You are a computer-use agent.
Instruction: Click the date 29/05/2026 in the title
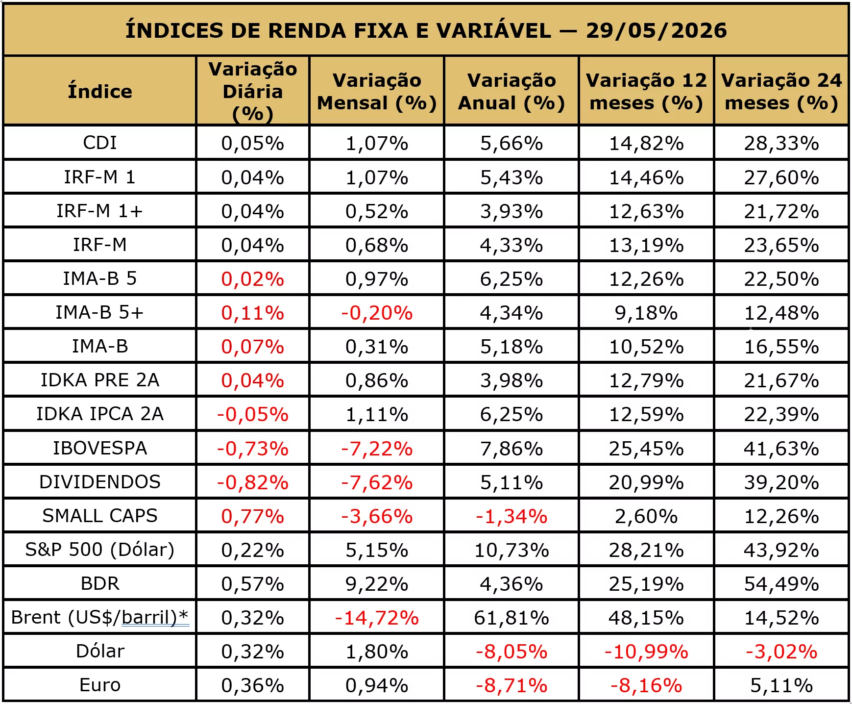pos(656,30)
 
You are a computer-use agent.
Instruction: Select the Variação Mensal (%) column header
pos(377,92)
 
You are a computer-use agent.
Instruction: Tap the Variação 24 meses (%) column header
pos(781,92)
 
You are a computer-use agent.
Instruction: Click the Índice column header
pos(100,91)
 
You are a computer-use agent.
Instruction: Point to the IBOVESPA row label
pos(100,448)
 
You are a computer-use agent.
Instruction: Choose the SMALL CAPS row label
pos(100,516)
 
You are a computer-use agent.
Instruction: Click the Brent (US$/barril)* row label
pos(100,617)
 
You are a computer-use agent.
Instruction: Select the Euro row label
pos(100,685)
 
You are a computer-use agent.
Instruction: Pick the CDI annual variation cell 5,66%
pos(511,143)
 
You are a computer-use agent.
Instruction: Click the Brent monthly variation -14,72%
pos(377,618)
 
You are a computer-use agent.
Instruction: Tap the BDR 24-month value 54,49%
pos(781,584)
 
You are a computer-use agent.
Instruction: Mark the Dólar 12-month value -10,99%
pos(646,652)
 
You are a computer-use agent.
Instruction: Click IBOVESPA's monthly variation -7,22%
pos(377,449)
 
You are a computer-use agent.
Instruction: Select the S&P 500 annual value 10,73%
pos(511,550)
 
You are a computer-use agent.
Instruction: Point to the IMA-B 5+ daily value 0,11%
pos(253,313)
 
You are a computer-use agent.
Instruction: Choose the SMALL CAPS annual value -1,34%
pos(511,516)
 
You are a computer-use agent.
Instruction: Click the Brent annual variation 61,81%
pos(511,618)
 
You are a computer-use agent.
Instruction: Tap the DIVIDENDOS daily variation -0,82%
pos(253,482)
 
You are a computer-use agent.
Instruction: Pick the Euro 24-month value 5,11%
pos(781,685)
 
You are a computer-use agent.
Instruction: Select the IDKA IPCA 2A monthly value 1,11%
pos(377,415)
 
